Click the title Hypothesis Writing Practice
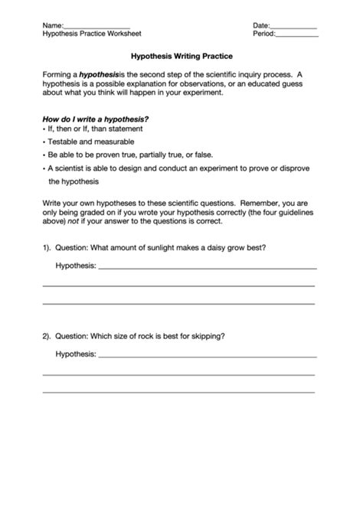coord(181,57)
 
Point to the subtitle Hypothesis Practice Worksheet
coord(92,34)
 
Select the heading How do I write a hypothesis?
coord(96,119)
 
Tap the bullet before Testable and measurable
coord(44,142)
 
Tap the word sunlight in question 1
coord(157,248)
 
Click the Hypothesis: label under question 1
coord(76,266)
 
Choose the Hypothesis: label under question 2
coord(76,354)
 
